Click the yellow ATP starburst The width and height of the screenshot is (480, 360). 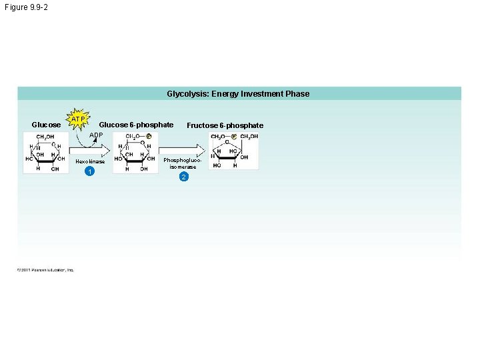[x=79, y=119]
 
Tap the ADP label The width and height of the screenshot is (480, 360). [x=97, y=135]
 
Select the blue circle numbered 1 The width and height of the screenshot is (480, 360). [x=89, y=172]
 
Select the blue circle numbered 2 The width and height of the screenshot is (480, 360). [x=184, y=177]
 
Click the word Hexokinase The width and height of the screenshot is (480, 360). [x=90, y=161]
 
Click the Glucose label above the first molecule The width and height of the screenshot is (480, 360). [x=46, y=125]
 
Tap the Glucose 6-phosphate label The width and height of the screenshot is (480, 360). [x=136, y=125]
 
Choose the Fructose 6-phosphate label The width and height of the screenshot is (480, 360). [x=225, y=125]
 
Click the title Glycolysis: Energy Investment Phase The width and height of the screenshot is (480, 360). [x=238, y=94]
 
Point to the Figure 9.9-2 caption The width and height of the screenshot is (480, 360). [x=26, y=7]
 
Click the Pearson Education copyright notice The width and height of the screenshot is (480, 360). [x=46, y=269]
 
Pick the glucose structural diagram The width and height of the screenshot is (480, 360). [x=45, y=153]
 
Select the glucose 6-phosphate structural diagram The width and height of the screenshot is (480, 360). [x=135, y=153]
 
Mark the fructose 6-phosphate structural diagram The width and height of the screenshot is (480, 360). [x=234, y=151]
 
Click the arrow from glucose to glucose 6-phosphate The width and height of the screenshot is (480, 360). [x=89, y=148]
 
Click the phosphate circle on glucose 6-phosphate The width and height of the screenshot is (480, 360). [x=149, y=137]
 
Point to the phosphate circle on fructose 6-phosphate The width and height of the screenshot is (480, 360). [x=234, y=136]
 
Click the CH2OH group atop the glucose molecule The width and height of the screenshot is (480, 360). [x=45, y=137]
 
